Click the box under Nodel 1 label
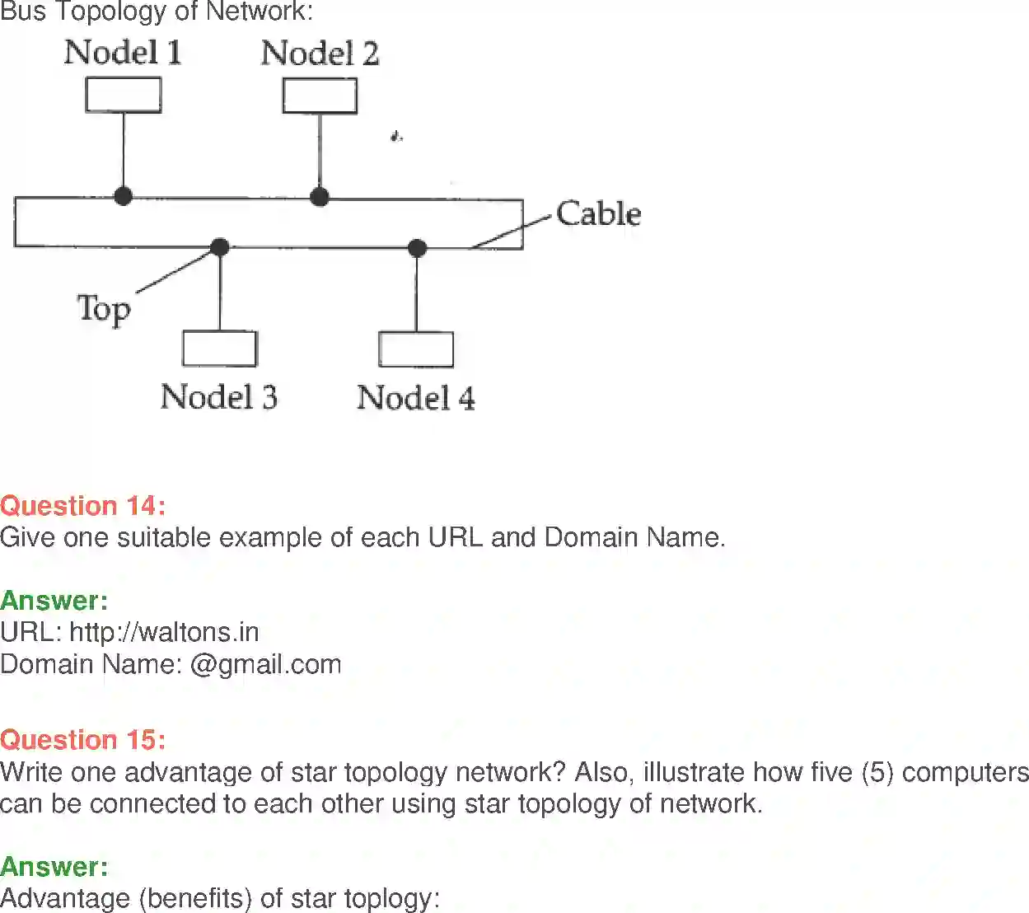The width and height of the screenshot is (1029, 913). [x=124, y=95]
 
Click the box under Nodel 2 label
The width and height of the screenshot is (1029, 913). [x=320, y=96]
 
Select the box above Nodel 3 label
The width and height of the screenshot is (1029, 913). [x=220, y=348]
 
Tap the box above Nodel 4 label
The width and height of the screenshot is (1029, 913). [x=416, y=349]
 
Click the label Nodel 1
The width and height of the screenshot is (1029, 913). [x=123, y=53]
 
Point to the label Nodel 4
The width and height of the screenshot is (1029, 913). [x=415, y=398]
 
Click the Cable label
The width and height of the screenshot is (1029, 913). [x=598, y=213]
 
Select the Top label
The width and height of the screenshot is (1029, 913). [x=104, y=309]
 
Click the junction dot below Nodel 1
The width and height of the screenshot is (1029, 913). [x=124, y=196]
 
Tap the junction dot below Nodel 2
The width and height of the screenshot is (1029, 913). [x=320, y=196]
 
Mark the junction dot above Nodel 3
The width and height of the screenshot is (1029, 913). [x=220, y=246]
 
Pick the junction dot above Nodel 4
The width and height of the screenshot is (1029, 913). [x=417, y=247]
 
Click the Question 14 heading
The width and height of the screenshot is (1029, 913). [x=82, y=505]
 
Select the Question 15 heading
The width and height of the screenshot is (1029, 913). [x=82, y=739]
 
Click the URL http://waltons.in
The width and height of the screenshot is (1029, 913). [x=164, y=632]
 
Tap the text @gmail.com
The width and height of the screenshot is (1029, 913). [x=265, y=664]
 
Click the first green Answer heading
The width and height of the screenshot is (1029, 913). [x=54, y=600]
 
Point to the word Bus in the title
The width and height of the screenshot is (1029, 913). [x=23, y=12]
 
